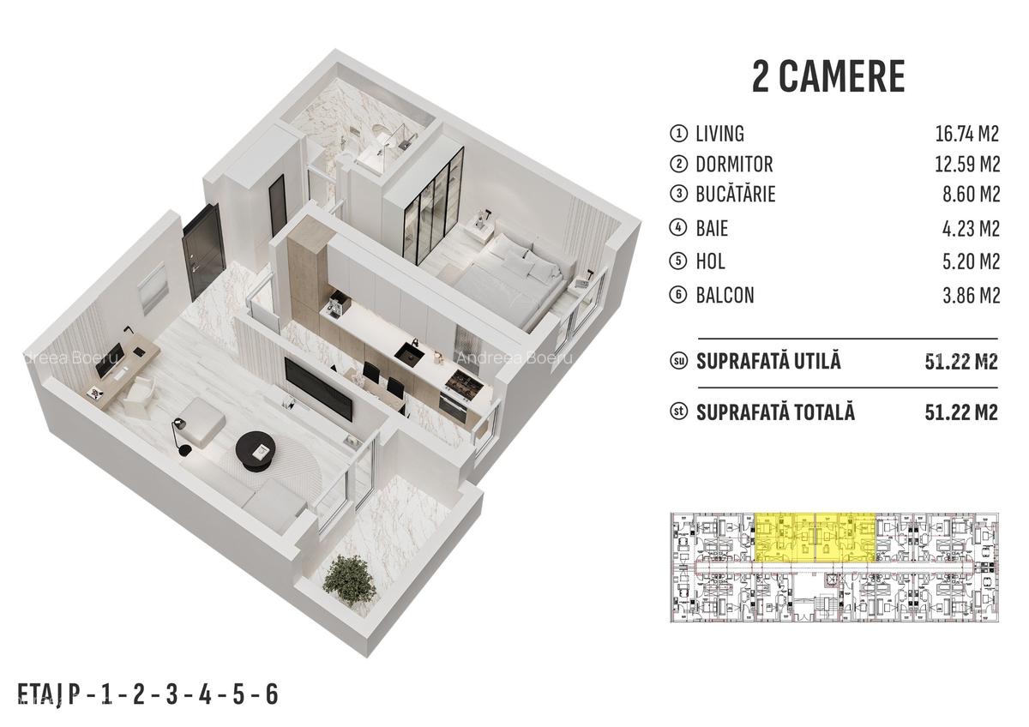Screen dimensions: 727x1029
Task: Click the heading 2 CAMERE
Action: pyautogui.click(x=827, y=76)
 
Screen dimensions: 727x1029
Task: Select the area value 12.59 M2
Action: pyautogui.click(x=966, y=164)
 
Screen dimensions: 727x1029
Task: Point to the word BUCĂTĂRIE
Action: pyautogui.click(x=736, y=195)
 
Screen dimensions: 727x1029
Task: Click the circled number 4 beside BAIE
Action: pyautogui.click(x=679, y=229)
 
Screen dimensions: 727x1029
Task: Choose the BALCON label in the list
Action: pyautogui.click(x=725, y=295)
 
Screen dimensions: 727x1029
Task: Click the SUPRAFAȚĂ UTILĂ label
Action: pyautogui.click(x=768, y=361)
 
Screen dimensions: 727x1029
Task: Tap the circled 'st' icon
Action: pyautogui.click(x=679, y=412)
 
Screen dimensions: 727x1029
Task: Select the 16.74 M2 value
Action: pyautogui.click(x=966, y=134)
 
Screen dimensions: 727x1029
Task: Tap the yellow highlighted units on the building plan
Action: pyautogui.click(x=815, y=537)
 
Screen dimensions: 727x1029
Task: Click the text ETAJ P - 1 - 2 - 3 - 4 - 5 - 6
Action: pyautogui.click(x=148, y=693)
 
